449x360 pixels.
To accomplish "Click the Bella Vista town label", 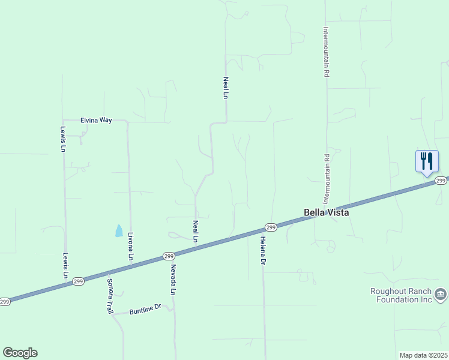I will click(x=327, y=212).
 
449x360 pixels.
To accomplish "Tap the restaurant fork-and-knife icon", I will click(x=427, y=161).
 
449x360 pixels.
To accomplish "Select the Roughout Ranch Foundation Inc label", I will click(x=401, y=295).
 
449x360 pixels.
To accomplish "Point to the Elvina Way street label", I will click(x=96, y=120).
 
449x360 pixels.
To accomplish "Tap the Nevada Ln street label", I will click(x=173, y=280).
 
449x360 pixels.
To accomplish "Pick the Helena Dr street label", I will click(x=262, y=251).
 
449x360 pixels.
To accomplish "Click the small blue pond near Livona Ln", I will click(x=119, y=230).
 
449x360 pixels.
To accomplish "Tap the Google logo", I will click(x=20, y=353).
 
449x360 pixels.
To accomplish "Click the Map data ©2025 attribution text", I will click(x=423, y=355).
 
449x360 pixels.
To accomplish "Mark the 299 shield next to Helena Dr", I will click(x=270, y=227).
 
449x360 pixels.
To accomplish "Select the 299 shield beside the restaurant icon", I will click(x=441, y=181).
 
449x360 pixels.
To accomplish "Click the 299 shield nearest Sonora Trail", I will click(x=78, y=281).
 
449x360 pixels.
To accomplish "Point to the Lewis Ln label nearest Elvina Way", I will click(x=62, y=139).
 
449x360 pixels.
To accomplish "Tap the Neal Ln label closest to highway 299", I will click(x=195, y=231).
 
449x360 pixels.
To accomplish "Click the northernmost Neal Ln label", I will click(x=226, y=88).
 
